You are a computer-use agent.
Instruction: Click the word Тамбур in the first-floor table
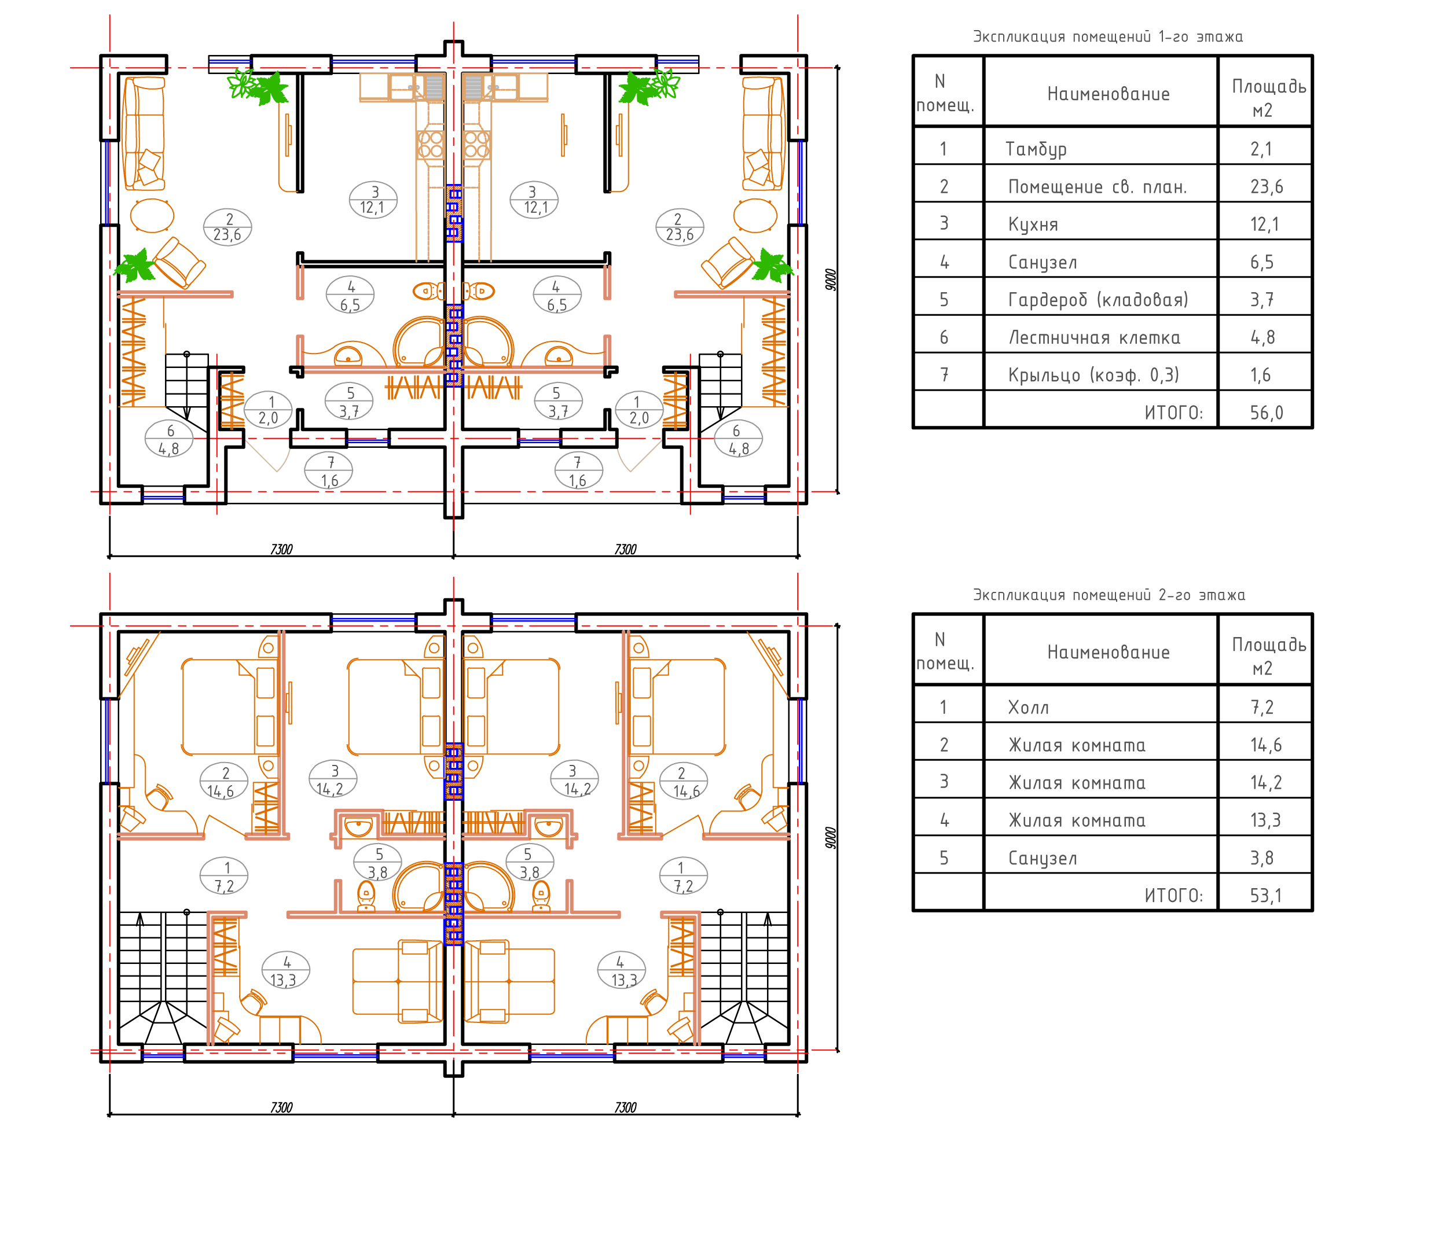[x=1036, y=149]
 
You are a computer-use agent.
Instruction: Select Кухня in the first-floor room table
[x=1033, y=224]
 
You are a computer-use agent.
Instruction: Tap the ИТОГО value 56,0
[x=1266, y=413]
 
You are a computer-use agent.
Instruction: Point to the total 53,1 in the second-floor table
[x=1266, y=896]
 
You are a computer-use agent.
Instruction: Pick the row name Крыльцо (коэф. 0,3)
[x=1093, y=376]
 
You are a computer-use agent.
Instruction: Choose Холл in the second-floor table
[x=1029, y=708]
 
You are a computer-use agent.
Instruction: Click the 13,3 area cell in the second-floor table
[x=1265, y=820]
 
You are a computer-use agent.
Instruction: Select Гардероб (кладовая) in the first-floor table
[x=1099, y=300]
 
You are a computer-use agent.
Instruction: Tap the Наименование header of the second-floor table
[x=1108, y=652]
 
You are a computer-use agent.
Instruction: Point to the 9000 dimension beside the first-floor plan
[x=831, y=279]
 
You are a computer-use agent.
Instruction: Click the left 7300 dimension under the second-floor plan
[x=281, y=1107]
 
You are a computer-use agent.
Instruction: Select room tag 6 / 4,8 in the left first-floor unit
[x=169, y=440]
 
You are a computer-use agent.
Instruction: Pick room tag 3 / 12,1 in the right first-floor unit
[x=534, y=200]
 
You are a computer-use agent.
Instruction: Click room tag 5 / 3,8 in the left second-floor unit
[x=378, y=863]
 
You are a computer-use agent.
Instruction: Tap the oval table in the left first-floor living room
[x=152, y=215]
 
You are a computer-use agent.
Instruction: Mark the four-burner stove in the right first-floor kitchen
[x=476, y=145]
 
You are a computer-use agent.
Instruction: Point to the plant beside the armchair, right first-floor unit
[x=772, y=265]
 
